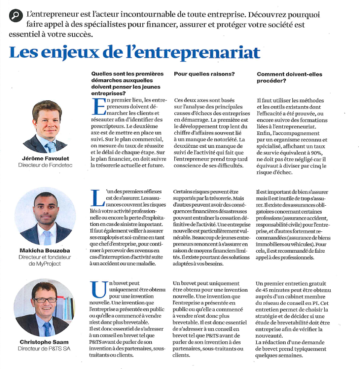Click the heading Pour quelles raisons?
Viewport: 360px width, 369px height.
click(204, 74)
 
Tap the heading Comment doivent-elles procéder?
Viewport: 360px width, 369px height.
click(289, 77)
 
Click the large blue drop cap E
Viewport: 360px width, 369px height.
click(98, 106)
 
